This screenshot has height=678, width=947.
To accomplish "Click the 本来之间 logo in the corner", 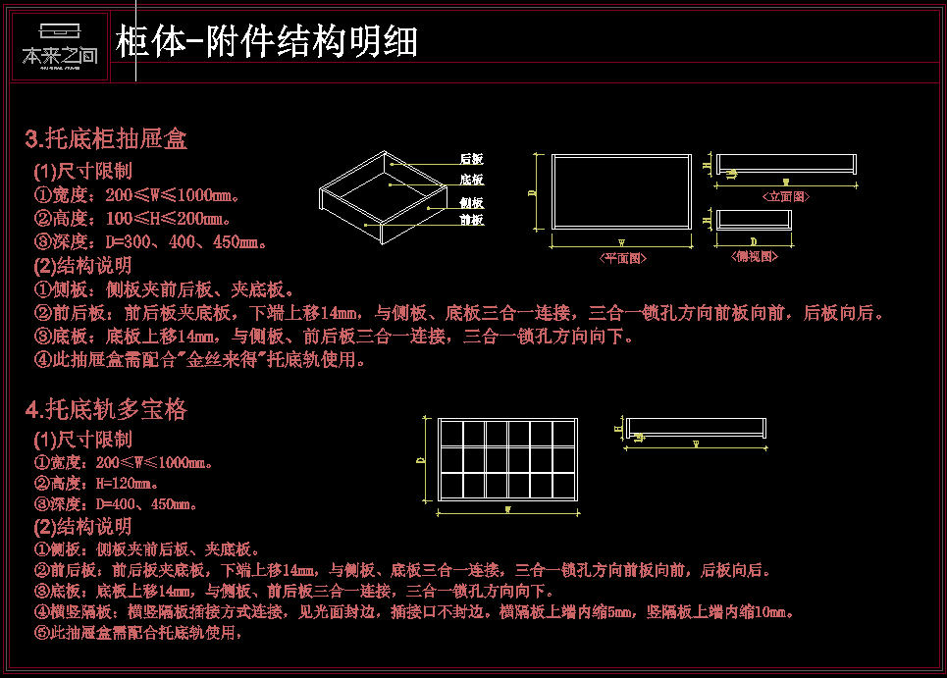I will click(60, 46).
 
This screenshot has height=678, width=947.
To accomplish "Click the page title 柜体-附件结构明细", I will click(267, 42).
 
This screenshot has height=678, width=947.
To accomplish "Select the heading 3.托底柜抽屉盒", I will click(106, 139).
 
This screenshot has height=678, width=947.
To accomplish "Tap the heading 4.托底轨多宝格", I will click(106, 410).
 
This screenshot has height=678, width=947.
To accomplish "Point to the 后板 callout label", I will click(471, 159).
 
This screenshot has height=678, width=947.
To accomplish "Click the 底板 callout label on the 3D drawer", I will click(471, 180).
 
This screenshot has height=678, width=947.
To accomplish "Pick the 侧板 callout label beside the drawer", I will click(471, 202).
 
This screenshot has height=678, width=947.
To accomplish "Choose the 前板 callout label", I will click(471, 220).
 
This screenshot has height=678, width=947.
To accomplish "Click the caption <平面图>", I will click(622, 258).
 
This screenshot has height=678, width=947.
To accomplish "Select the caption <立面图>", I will click(786, 196).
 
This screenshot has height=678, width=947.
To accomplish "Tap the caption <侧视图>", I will click(754, 256).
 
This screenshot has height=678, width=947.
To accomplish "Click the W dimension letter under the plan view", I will click(621, 241).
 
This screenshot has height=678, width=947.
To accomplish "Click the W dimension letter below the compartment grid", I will click(507, 510).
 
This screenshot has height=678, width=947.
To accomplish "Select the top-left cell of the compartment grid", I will click(451, 434).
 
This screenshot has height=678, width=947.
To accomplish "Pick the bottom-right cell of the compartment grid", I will click(563, 485).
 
